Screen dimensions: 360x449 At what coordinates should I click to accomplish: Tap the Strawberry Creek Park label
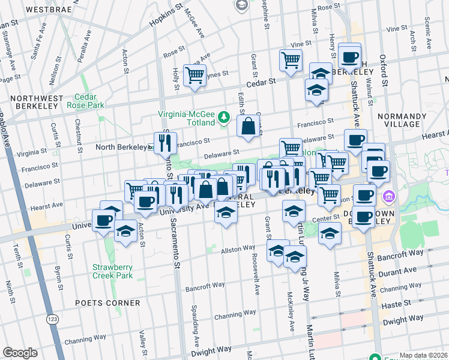tap(112, 271)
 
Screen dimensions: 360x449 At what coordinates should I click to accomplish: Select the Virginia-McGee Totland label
tap(186, 118)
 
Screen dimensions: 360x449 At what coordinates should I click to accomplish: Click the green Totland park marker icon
tap(224, 115)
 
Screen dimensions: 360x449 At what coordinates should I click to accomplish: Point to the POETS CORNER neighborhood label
tap(107, 303)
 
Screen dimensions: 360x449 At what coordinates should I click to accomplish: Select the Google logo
tap(20, 353)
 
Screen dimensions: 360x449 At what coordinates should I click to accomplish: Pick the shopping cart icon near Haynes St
tap(194, 75)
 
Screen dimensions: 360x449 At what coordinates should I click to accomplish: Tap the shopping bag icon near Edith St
tap(248, 125)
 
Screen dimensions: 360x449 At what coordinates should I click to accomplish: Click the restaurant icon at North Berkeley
tap(165, 142)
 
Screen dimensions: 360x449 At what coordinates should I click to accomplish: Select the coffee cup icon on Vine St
tap(349, 57)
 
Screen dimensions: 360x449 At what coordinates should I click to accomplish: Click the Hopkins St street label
tap(166, 21)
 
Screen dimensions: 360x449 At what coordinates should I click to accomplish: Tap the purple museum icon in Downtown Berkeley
tap(388, 196)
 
